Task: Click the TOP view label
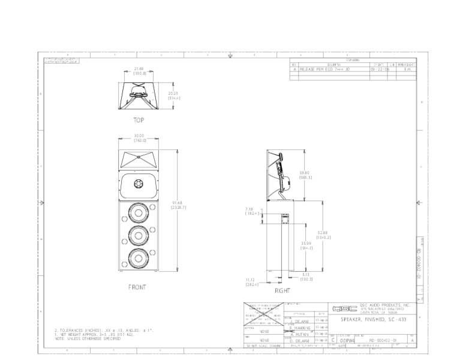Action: pyautogui.click(x=139, y=119)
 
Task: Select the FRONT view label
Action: pyautogui.click(x=137, y=287)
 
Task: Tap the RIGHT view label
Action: pyautogui.click(x=282, y=290)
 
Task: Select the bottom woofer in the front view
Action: pyautogui.click(x=139, y=258)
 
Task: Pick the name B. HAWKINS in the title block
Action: pyautogui.click(x=303, y=328)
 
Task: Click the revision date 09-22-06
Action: pyautogui.click(x=379, y=70)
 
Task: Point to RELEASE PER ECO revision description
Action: pyautogui.click(x=321, y=70)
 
